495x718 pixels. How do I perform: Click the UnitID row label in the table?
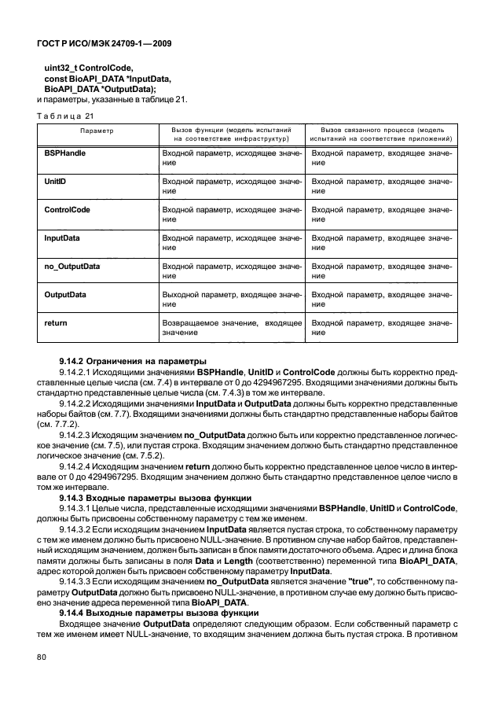56,181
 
